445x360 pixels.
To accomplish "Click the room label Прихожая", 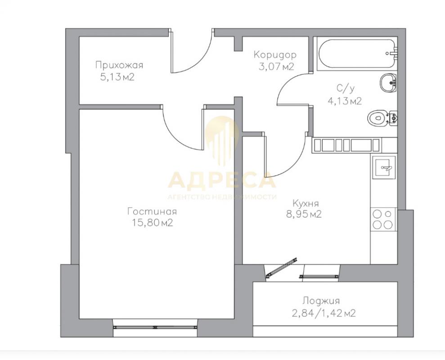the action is pos(119,65).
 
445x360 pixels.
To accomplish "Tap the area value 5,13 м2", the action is pos(117,77).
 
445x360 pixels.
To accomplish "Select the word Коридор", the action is pos(275,54).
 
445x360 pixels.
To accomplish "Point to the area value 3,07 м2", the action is pos(276,67).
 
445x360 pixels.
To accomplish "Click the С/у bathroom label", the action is pos(346,89).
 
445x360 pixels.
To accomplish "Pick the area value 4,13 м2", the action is pos(345,101).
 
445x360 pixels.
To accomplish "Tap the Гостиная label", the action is pos(152,211).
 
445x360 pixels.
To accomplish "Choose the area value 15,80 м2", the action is pos(153,223).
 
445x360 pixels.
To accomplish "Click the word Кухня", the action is pos(306,203).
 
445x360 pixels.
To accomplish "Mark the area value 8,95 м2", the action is pos(304,214).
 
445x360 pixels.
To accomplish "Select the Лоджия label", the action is pos(321,301).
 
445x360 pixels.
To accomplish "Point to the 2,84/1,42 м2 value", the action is pos(324,314).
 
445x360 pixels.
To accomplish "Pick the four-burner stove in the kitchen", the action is pos(383,219).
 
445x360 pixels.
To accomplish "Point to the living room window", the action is pos(155,327).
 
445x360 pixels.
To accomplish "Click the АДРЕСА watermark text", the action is pos(222,180).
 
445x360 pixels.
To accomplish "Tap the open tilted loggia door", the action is pos(281,268).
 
